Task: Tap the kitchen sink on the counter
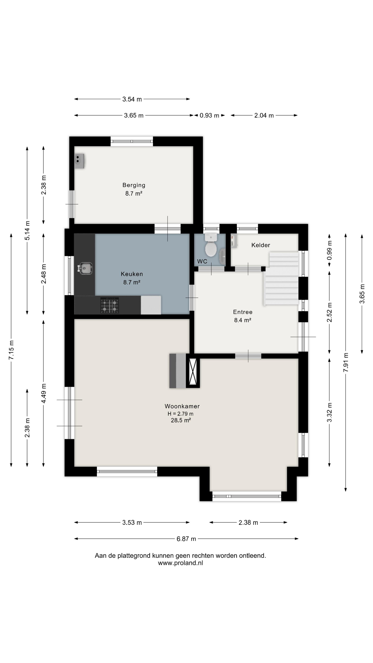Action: (85, 268)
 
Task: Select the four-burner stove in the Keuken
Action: (110, 305)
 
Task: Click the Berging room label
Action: (134, 185)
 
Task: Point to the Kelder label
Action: (260, 245)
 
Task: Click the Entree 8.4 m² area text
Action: (242, 320)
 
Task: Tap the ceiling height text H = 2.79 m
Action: (181, 414)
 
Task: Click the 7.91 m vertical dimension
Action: (346, 362)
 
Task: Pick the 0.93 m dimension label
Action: (209, 115)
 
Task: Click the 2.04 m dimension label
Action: (264, 115)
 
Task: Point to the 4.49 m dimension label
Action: (44, 393)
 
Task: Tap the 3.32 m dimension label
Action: (329, 412)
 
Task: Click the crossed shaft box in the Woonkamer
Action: (193, 371)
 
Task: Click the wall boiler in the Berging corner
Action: (79, 161)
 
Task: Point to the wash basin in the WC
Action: (222, 257)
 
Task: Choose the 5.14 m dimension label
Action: (27, 230)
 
